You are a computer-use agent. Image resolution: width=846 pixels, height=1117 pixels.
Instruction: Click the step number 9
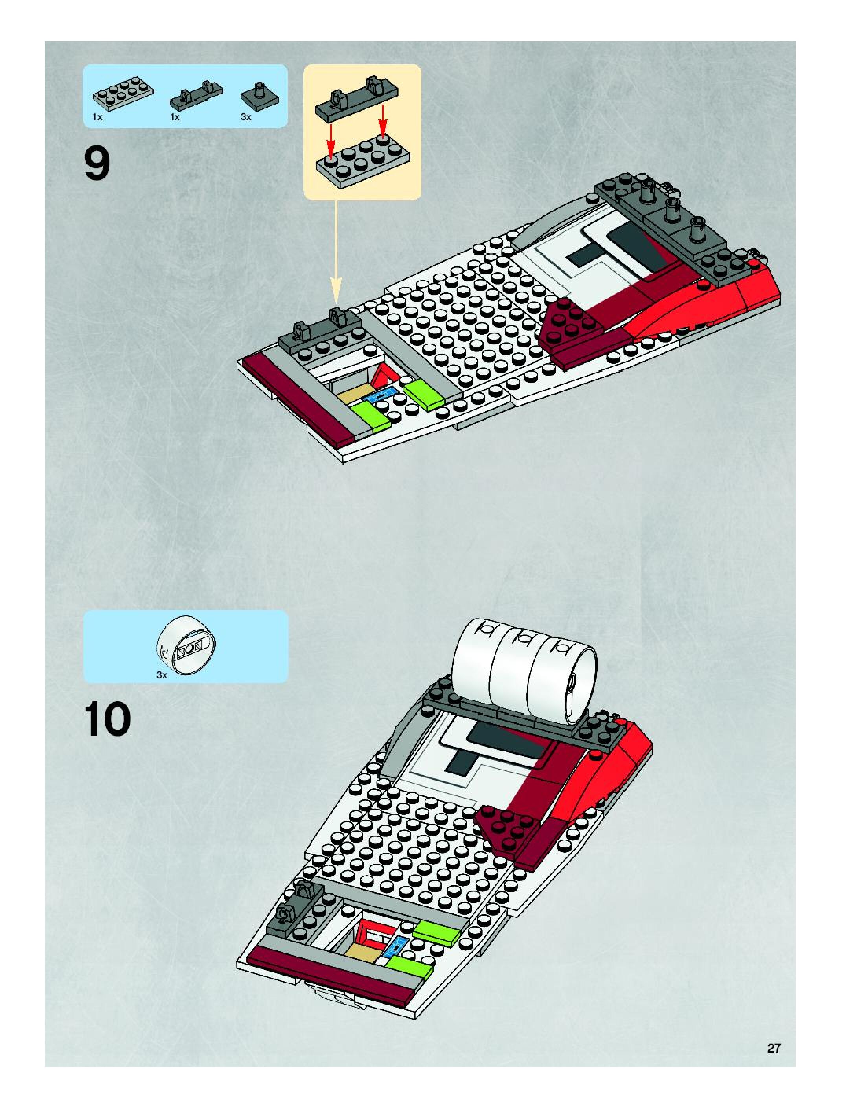point(97,164)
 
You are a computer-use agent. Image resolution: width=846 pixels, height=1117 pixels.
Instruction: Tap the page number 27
point(774,1048)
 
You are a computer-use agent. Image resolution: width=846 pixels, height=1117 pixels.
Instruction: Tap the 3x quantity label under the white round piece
point(162,675)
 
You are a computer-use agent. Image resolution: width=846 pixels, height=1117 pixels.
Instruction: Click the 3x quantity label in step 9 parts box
point(246,117)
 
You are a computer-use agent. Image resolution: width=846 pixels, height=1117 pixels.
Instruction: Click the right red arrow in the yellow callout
point(383,121)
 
